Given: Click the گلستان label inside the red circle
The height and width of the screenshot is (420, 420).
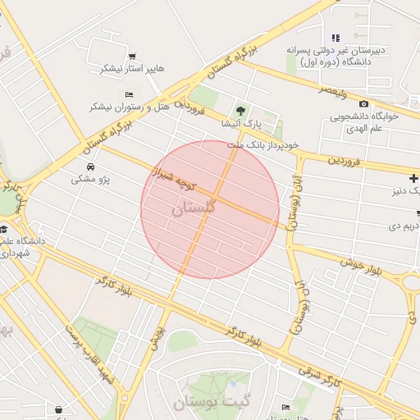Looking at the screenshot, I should click(x=194, y=208).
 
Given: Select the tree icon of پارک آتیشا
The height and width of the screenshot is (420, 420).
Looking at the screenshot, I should click(x=240, y=109).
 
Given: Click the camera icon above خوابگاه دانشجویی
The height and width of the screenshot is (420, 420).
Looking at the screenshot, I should click(x=363, y=103).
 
